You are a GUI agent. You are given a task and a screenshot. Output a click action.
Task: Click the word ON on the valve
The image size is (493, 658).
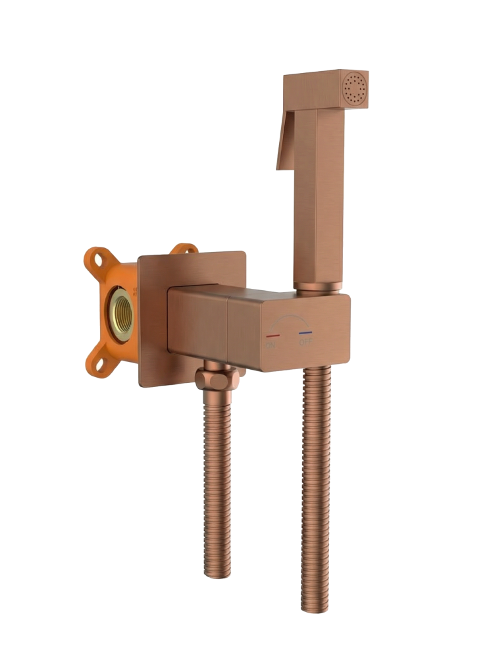click(x=271, y=343)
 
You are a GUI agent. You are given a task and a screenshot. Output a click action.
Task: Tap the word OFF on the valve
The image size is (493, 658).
click(x=306, y=342)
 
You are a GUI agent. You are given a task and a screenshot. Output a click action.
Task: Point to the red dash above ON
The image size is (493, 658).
click(x=271, y=334)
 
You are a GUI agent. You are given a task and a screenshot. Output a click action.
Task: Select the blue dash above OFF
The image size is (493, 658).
click(x=305, y=334)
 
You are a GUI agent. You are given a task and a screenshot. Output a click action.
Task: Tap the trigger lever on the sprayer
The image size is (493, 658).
click(x=284, y=145)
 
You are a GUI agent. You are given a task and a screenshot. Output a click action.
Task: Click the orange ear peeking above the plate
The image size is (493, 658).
click(x=184, y=249)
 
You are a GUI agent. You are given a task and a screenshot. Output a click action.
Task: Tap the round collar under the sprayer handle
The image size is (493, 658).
click(x=317, y=287)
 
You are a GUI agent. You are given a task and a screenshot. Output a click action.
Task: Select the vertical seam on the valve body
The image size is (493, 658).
click(x=228, y=329)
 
